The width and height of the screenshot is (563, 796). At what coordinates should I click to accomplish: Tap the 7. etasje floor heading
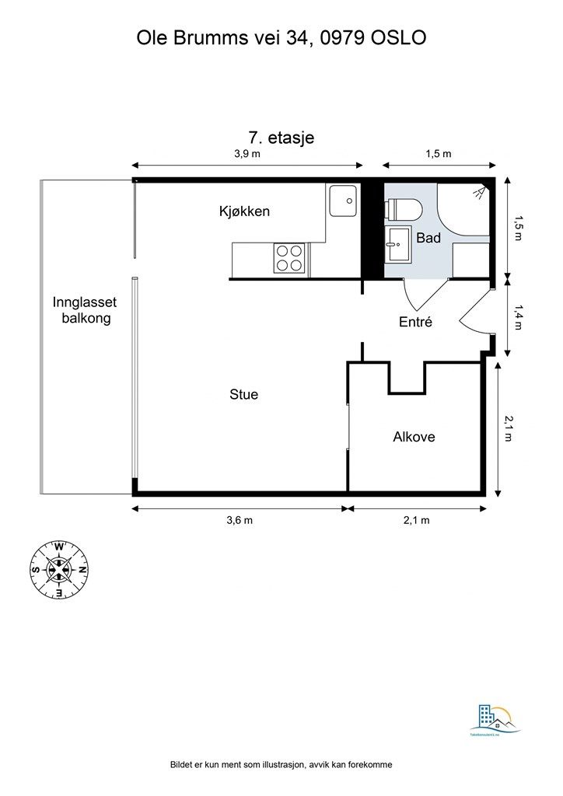tap(281, 138)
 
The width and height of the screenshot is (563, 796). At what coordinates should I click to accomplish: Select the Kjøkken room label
tap(244, 211)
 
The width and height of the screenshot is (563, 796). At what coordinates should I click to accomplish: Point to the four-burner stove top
tap(289, 258)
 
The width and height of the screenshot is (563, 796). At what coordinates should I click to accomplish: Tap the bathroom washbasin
tap(398, 243)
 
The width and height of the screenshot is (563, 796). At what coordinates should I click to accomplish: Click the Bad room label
tap(428, 238)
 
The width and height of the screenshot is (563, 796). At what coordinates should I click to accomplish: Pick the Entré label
tap(415, 322)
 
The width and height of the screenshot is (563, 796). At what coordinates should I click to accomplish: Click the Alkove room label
tap(414, 437)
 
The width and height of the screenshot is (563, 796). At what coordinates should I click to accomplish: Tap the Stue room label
tap(243, 395)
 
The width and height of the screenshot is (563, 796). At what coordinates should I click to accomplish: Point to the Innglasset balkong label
tap(85, 310)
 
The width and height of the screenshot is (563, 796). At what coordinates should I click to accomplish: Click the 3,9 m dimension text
tap(247, 154)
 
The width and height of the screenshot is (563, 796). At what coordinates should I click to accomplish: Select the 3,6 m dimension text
tap(240, 521)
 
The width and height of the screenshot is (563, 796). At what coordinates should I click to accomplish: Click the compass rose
tap(59, 570)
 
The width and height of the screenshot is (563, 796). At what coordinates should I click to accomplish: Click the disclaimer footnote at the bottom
tap(281, 765)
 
